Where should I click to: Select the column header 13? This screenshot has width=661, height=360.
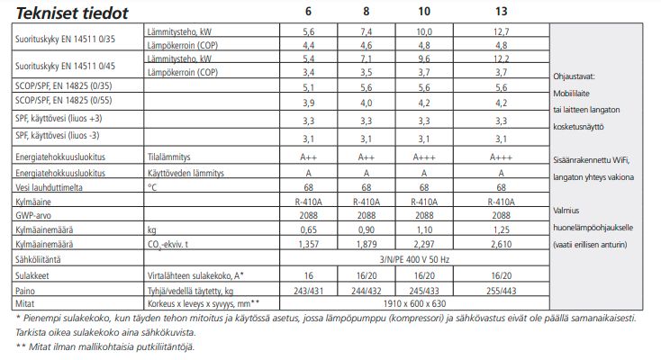coord(501,13)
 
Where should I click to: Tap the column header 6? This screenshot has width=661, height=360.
coord(308,13)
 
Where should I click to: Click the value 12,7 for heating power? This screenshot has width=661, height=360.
coord(502,31)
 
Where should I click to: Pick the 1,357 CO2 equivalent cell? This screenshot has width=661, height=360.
coord(308,244)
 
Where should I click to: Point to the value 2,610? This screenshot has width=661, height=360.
coord(502,244)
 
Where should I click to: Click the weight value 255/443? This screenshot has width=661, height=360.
coord(502,292)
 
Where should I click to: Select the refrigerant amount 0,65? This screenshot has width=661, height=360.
coord(308,231)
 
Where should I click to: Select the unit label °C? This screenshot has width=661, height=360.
coord(152,187)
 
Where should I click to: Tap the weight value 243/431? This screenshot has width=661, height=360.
coord(308,292)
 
